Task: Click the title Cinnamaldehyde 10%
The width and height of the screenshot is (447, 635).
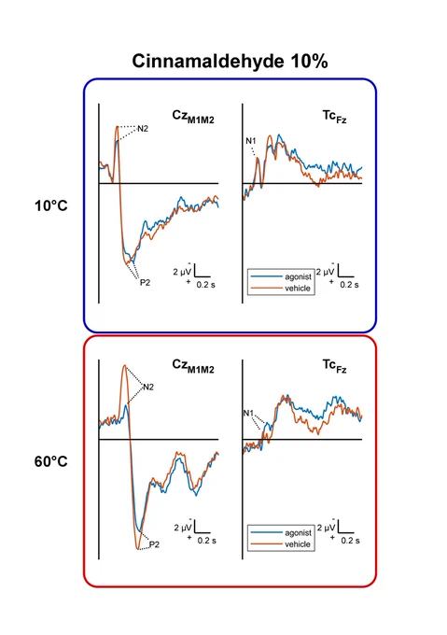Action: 230,61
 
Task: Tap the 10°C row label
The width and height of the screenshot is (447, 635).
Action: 51,205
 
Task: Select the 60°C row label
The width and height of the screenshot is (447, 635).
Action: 51,461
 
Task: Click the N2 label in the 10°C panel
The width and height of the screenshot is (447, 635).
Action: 143,129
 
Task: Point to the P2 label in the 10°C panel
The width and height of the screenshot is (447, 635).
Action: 145,283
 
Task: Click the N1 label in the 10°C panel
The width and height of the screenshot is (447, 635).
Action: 251,141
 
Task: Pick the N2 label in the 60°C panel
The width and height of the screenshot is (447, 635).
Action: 148,388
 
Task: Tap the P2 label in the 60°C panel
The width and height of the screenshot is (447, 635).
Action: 154,544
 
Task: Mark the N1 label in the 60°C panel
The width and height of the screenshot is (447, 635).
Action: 248,413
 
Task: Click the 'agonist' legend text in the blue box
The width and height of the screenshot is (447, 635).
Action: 298,277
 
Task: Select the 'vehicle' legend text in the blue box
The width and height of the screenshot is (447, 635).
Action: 298,289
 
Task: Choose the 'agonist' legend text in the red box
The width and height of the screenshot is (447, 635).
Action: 298,533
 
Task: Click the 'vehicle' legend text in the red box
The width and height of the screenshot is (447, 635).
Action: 298,544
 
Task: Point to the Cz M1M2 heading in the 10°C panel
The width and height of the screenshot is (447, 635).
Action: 193,117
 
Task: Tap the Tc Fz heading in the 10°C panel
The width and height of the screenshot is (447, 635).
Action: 334,116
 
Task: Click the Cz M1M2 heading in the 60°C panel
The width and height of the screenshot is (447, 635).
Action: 193,366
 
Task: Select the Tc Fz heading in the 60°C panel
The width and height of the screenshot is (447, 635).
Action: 334,366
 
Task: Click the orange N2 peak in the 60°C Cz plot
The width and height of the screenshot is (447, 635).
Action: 125,366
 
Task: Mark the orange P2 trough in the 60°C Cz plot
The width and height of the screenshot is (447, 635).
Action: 138,549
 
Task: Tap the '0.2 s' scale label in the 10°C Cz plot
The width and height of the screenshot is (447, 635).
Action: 206,285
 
